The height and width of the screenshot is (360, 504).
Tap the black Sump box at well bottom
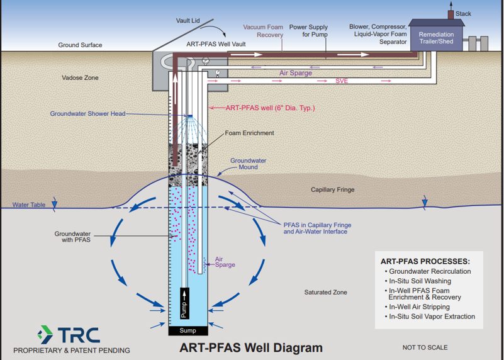click(188, 330)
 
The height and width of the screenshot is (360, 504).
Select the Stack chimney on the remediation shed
click(451, 14)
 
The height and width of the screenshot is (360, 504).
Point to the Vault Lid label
click(188, 21)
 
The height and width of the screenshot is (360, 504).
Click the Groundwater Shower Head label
click(87, 114)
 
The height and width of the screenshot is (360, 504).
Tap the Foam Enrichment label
click(250, 133)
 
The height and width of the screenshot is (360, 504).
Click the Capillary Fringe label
click(333, 189)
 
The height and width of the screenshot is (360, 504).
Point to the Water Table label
click(29, 205)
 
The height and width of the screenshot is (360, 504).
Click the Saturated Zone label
click(325, 292)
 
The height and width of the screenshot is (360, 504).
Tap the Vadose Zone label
click(80, 78)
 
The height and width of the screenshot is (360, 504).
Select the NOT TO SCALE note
click(425, 347)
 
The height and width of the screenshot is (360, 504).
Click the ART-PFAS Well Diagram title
click(251, 347)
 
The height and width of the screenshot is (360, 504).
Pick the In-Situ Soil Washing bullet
click(420, 281)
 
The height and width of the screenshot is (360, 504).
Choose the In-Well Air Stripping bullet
click(420, 307)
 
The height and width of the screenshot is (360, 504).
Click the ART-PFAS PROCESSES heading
click(425, 261)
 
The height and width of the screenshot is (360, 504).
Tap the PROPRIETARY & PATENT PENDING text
click(72, 351)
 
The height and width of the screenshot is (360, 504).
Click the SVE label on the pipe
click(342, 81)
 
